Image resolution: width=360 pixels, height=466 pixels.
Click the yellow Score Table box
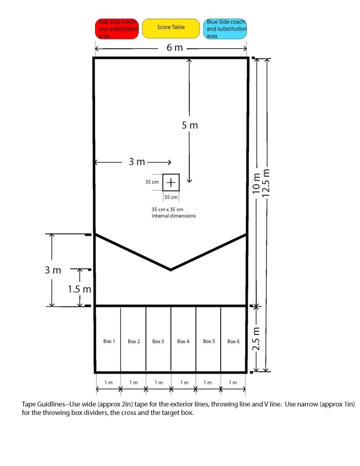tap(171, 29)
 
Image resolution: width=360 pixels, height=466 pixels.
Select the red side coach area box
tap(117, 29)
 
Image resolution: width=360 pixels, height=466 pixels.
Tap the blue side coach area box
tap(225, 29)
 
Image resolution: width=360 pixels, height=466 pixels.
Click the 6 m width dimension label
tap(174, 47)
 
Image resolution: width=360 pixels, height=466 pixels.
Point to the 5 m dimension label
tap(190, 126)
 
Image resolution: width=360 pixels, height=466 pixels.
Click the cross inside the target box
tap(171, 182)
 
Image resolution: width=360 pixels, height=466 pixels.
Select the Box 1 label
tap(109, 341)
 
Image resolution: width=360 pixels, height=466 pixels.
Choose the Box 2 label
tap(134, 341)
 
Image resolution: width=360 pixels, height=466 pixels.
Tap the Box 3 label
tap(158, 341)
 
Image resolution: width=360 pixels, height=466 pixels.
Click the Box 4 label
tap(183, 341)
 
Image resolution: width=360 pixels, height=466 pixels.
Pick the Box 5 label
tap(209, 341)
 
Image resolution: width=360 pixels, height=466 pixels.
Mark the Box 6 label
tap(233, 341)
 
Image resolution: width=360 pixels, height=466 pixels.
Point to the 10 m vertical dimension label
tap(256, 184)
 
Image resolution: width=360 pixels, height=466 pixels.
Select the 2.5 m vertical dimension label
tap(256, 339)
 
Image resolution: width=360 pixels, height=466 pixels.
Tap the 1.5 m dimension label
tap(79, 289)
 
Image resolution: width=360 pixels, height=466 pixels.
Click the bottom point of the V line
tap(171, 270)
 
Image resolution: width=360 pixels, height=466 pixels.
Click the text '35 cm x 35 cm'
tap(167, 209)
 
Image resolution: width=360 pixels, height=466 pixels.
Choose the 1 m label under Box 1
tap(108, 382)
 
